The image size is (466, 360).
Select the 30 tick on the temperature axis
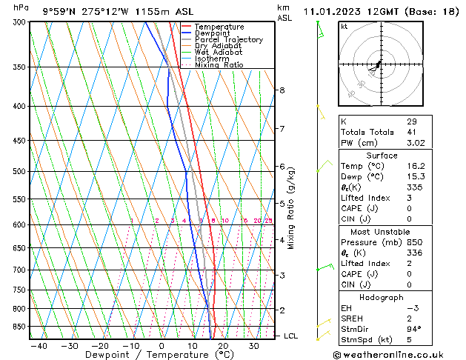[253, 346]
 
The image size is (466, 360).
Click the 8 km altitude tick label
[282, 90]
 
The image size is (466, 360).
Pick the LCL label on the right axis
[292, 336]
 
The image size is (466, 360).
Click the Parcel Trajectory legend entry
[228, 40]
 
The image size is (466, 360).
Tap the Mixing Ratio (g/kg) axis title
[292, 208]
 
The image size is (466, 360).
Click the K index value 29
[411, 121]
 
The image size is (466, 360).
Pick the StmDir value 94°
[414, 329]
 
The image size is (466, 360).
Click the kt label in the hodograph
[344, 26]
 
